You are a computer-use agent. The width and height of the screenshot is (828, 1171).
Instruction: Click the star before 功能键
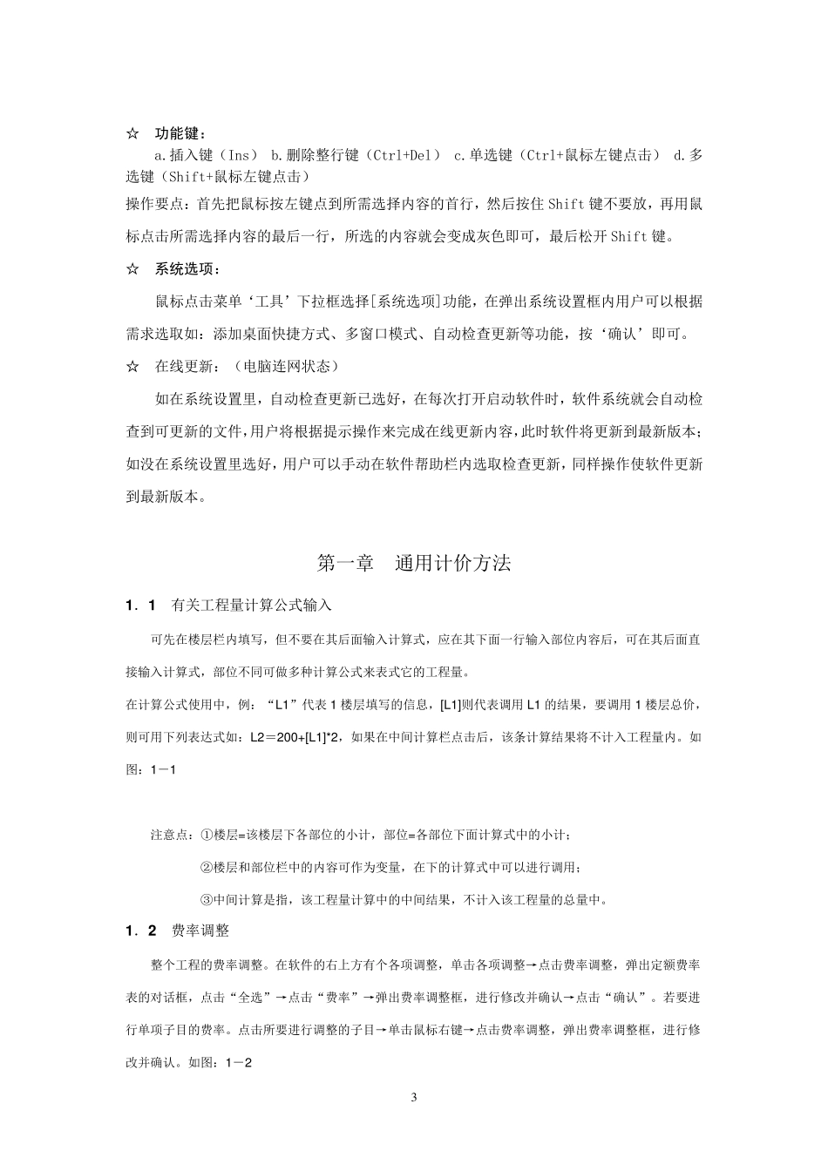pyautogui.click(x=132, y=134)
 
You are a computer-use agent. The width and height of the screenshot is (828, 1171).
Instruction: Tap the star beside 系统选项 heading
pyautogui.click(x=132, y=269)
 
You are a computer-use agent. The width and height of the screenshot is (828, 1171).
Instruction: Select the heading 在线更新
pyautogui.click(x=184, y=366)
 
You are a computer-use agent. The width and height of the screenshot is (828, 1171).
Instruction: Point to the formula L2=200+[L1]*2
pyautogui.click(x=296, y=737)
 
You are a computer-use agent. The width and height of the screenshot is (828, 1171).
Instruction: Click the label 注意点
pyautogui.click(x=171, y=836)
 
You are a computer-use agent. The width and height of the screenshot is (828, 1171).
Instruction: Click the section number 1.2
pyautogui.click(x=140, y=931)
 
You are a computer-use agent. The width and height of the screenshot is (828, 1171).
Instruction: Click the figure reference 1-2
pyautogui.click(x=239, y=1062)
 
